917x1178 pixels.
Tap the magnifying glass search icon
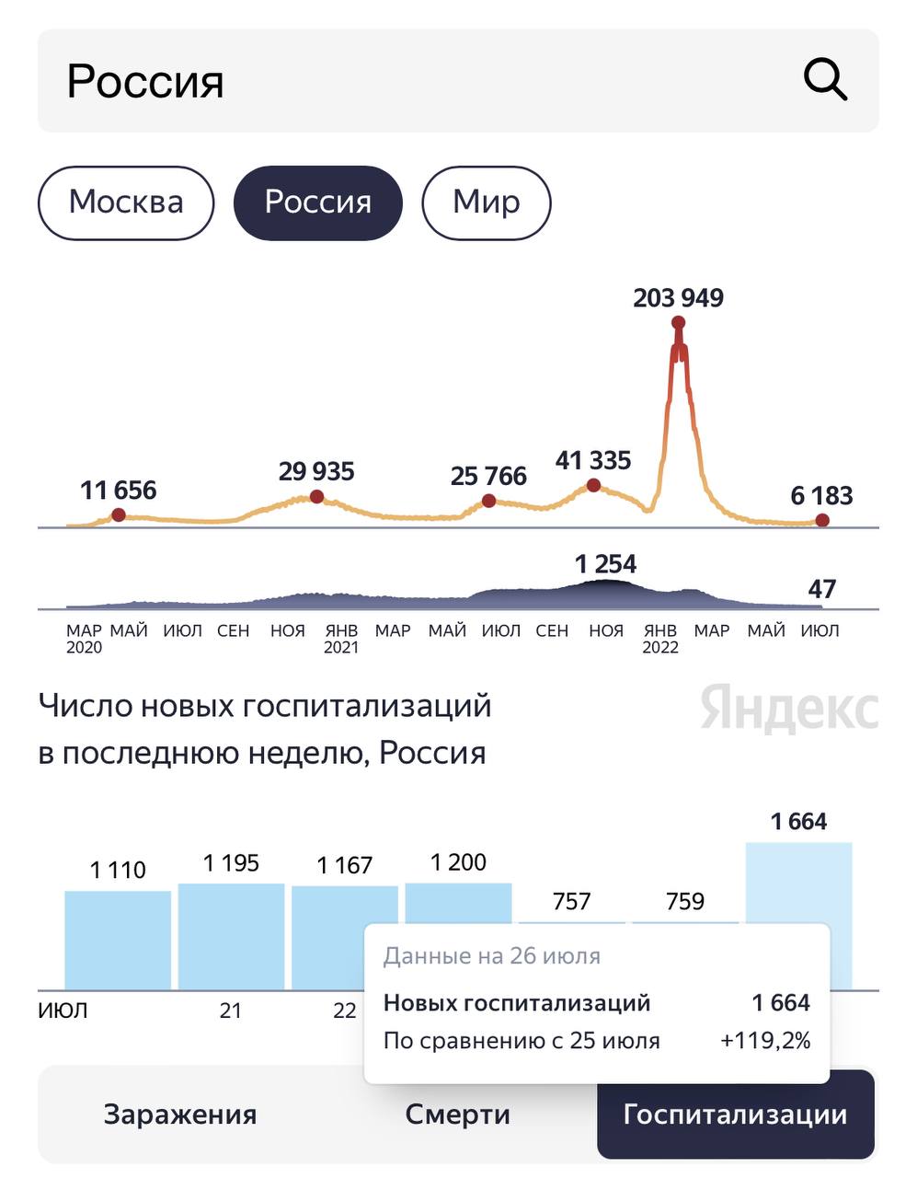pos(825,80)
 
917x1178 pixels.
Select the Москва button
pos(126,202)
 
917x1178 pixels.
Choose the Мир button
pos(486,202)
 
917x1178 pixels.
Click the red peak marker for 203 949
pos(678,322)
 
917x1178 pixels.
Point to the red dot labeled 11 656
pos(118,514)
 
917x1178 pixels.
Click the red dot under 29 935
pos(316,497)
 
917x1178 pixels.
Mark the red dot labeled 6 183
pos(822,520)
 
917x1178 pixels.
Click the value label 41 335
pos(593,460)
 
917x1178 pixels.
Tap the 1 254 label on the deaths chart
pos(605,564)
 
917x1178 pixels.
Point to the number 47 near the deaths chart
pos(821,589)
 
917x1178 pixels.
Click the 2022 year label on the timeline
pos(659,648)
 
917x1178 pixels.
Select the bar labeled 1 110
pos(118,939)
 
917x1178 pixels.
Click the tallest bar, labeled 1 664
pos(798,883)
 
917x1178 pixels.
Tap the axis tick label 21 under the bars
pos(230,1011)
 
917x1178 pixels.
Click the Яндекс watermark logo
pos(789,710)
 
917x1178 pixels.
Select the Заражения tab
pos(180,1114)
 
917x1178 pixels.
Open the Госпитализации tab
pos(735,1114)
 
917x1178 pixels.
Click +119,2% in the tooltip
pos(765,1042)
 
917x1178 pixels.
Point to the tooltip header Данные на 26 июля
pos(492,956)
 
